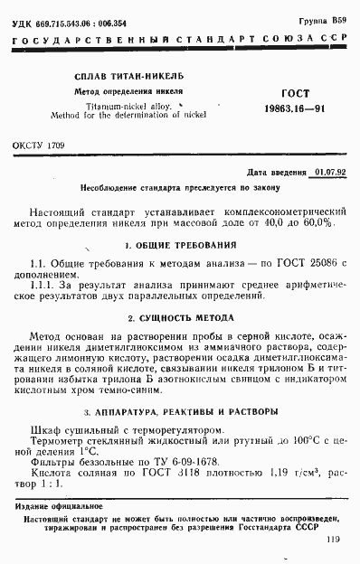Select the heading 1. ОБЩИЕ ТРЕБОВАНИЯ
(180, 244)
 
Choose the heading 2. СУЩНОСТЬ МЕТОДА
(180, 318)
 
